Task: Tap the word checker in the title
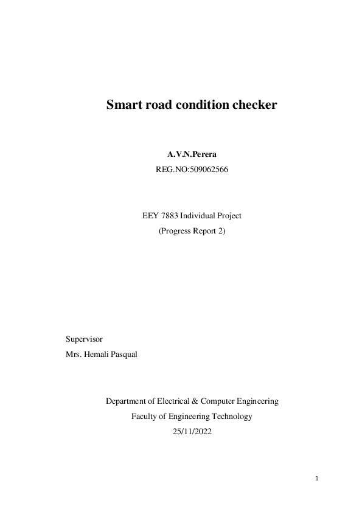click(255, 105)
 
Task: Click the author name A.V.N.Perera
click(192, 157)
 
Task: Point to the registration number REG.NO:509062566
click(192, 171)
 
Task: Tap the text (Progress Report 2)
click(192, 231)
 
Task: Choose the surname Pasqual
click(123, 354)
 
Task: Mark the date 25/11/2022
click(192, 432)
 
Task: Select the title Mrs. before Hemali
click(72, 354)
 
